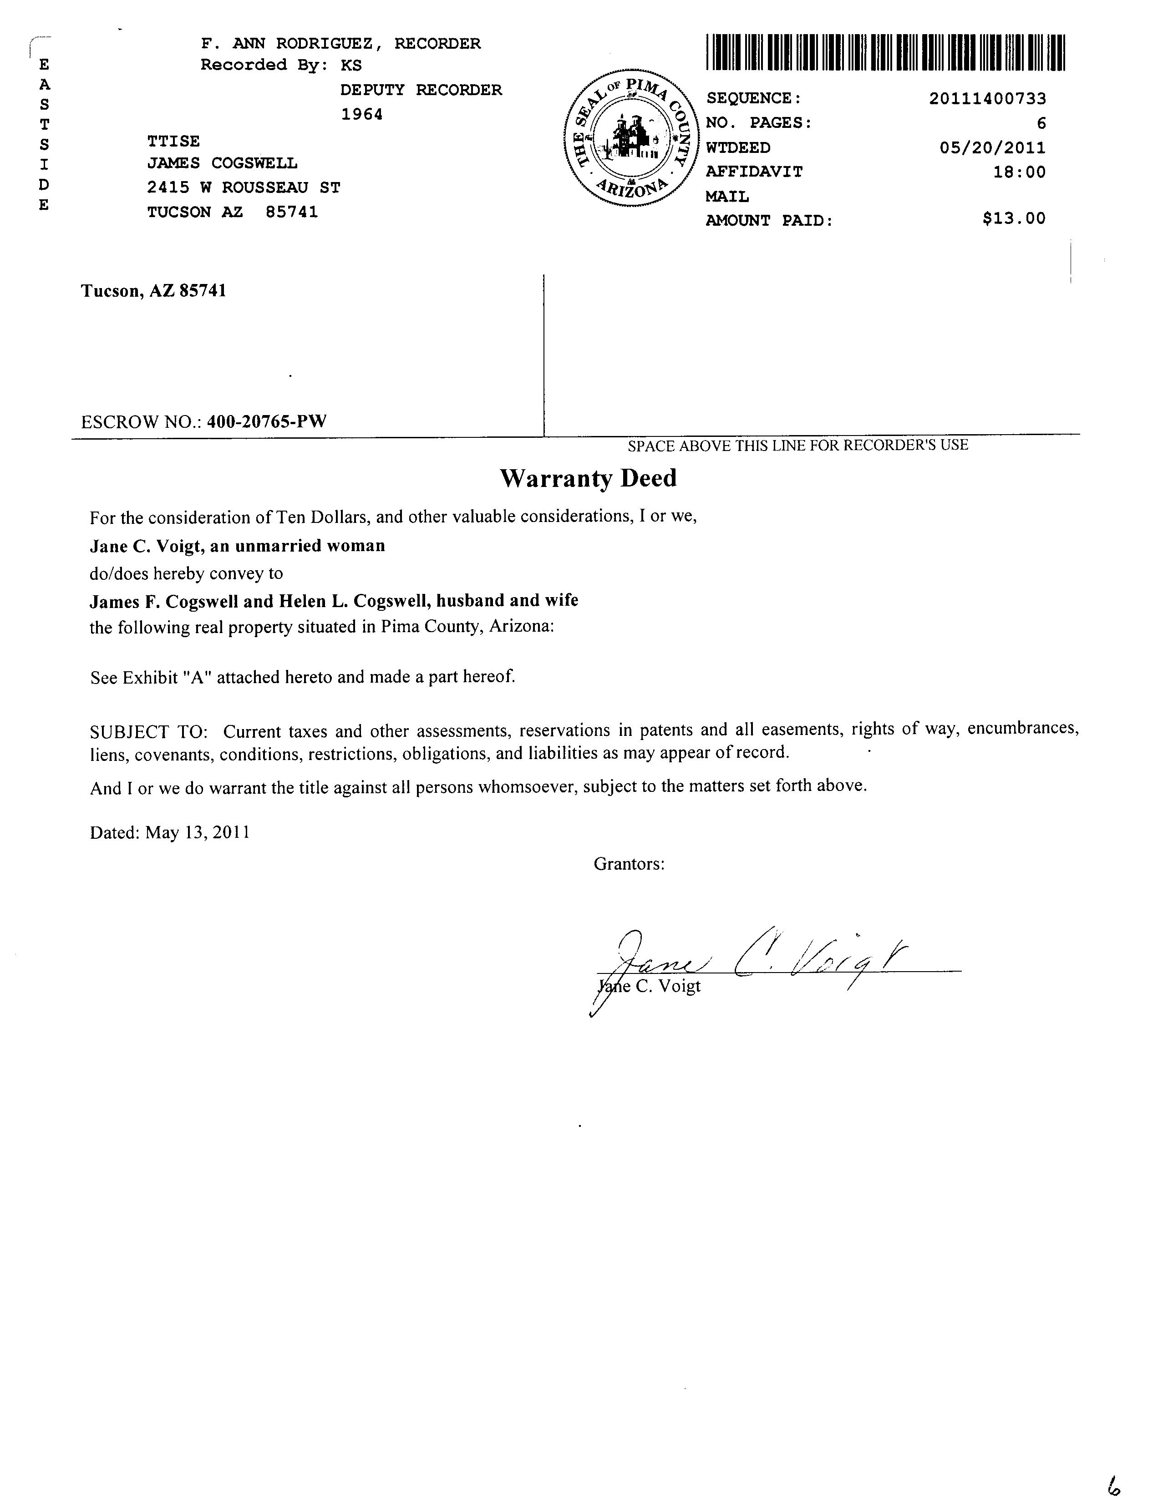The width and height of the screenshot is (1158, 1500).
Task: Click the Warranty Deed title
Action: (x=588, y=478)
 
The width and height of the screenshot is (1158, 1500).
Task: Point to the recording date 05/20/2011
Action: (x=992, y=147)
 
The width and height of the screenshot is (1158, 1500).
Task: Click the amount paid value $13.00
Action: (x=1014, y=219)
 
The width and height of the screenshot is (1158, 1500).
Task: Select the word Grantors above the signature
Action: (x=629, y=864)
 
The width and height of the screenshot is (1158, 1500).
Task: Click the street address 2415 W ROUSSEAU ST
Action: (x=244, y=187)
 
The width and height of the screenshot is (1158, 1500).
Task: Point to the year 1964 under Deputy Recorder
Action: (x=362, y=114)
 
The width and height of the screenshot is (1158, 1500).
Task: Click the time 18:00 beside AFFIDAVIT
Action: (x=1019, y=172)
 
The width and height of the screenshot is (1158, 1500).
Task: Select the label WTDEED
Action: (x=738, y=147)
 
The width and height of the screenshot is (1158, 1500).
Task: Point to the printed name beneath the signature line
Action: (x=649, y=986)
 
